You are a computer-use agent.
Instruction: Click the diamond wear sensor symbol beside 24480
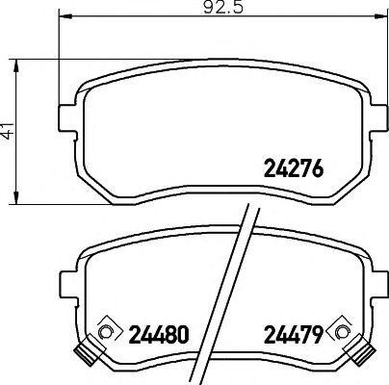point(109,330)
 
